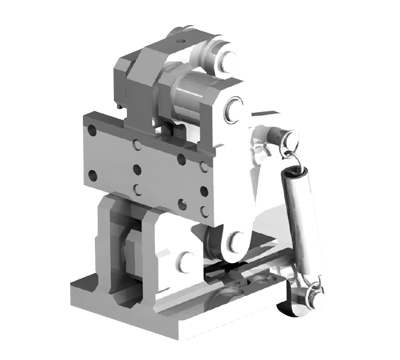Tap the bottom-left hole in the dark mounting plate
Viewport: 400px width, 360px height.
point(91,178)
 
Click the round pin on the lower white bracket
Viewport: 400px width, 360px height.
point(184,261)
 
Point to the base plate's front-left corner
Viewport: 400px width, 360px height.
point(73,294)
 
